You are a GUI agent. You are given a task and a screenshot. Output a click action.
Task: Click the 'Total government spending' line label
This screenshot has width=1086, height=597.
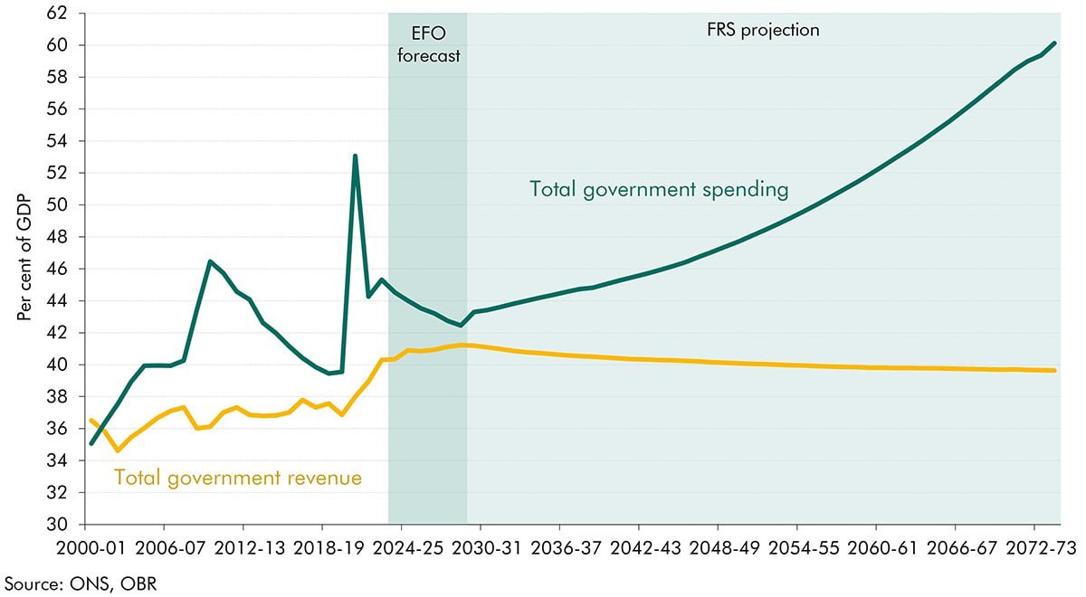coord(659,190)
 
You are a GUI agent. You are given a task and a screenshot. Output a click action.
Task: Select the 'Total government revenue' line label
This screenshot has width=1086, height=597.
coord(237,477)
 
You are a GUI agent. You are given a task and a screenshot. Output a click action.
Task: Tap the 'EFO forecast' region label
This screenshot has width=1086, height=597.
coord(427,43)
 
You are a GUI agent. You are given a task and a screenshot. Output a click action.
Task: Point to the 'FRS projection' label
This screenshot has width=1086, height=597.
coord(762,30)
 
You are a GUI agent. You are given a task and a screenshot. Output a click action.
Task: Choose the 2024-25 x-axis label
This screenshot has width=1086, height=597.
coord(401,548)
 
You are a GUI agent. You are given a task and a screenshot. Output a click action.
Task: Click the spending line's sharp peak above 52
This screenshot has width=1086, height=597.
coord(355,156)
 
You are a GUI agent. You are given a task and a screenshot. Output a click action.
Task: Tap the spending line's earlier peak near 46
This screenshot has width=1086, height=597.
coord(210,261)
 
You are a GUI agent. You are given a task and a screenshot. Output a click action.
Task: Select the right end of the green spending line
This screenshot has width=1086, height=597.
coord(1055,43)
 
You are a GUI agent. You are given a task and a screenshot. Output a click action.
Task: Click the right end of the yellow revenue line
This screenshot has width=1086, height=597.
coord(1055,370)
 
